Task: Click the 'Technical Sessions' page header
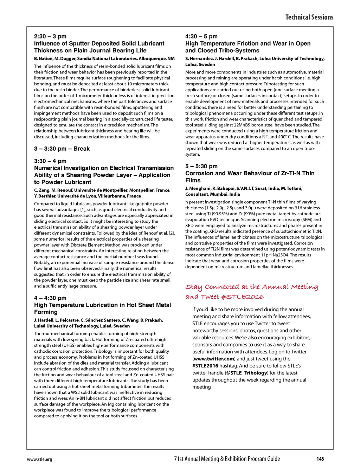pyautogui.click(x=309, y=17)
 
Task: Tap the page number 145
pyautogui.click(x=320, y=459)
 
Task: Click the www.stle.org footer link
pyautogui.click(x=39, y=459)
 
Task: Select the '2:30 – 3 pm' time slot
pyautogui.click(x=50, y=37)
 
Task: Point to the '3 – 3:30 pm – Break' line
pyautogui.click(x=62, y=149)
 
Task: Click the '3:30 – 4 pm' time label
pyautogui.click(x=50, y=161)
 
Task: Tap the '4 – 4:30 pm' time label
pyautogui.click(x=50, y=298)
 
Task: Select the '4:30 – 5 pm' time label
pyautogui.click(x=201, y=37)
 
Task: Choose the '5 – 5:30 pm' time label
pyautogui.click(x=201, y=166)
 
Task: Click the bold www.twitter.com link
pyautogui.click(x=214, y=359)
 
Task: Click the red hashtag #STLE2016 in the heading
pyautogui.click(x=243, y=297)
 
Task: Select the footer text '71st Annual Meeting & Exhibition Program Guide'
pyautogui.click(x=227, y=459)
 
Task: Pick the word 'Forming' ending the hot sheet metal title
pyautogui.click(x=46, y=312)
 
